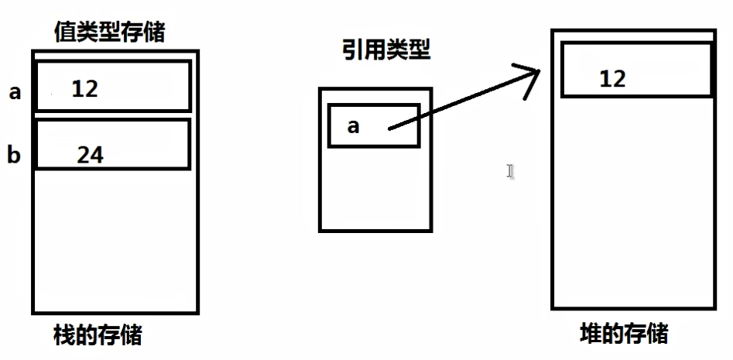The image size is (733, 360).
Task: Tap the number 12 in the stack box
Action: click(84, 88)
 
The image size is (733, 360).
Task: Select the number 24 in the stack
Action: click(90, 155)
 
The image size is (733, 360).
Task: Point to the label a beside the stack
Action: click(15, 93)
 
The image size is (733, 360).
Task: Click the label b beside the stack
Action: click(14, 156)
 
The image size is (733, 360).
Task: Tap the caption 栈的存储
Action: click(98, 336)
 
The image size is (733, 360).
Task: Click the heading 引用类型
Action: click(386, 51)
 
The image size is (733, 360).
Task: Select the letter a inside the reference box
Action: click(353, 125)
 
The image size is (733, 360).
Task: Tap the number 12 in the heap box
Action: click(612, 77)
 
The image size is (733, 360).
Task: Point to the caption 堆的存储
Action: click(623, 334)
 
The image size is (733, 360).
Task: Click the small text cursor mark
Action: click(510, 171)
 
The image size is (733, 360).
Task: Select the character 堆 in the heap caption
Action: click(591, 334)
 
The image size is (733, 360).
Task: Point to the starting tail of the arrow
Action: click(389, 129)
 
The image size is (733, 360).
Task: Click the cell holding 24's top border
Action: click(113, 121)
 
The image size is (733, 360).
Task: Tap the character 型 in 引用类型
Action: click(419, 51)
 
